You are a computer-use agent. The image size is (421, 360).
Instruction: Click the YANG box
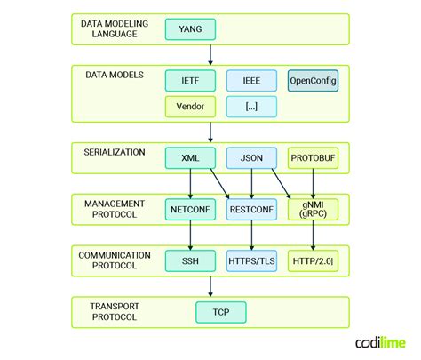point(190,30)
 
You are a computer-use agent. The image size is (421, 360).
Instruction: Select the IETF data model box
point(190,82)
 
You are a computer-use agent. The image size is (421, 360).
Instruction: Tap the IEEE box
point(250,82)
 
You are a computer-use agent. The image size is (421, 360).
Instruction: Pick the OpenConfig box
point(314,82)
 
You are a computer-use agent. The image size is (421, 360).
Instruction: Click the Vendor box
point(190,108)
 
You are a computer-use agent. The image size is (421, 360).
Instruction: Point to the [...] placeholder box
point(250,108)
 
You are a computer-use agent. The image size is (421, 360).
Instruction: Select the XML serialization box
point(190,158)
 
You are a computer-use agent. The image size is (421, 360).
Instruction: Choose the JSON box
point(250,158)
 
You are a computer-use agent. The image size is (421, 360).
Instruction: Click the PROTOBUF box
point(314,158)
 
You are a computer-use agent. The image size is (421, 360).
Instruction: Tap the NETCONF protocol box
point(190,211)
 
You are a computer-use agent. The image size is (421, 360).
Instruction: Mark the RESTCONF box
point(250,211)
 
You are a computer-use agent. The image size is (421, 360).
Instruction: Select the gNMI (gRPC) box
point(314,210)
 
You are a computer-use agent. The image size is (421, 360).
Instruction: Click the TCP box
point(220,312)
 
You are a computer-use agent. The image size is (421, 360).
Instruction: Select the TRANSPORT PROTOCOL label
point(114,312)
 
